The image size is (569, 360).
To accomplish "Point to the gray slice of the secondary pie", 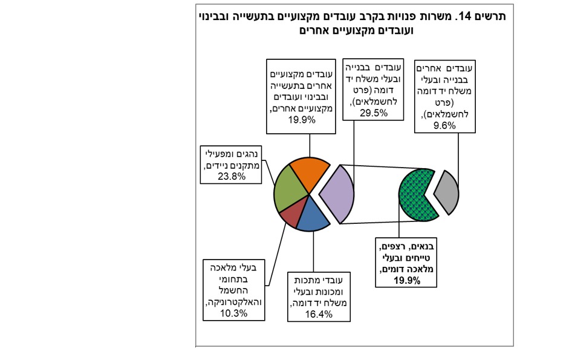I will coord(448,192).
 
